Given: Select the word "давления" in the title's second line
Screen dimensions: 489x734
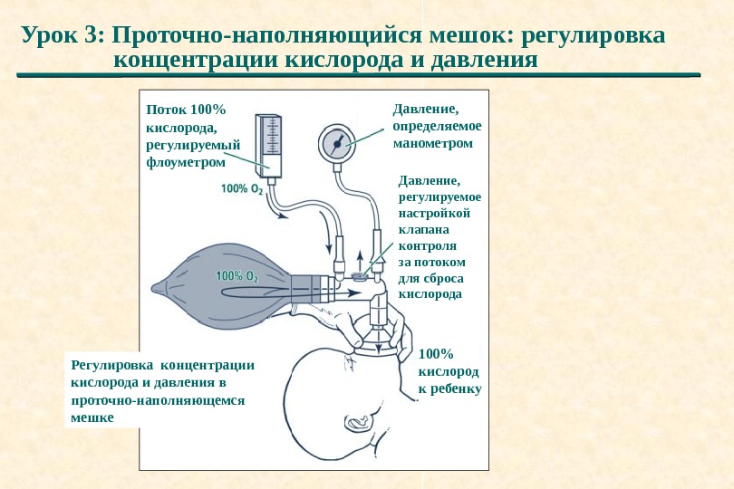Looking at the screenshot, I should point(487,61).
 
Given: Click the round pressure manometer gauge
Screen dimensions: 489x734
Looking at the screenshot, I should point(337,143).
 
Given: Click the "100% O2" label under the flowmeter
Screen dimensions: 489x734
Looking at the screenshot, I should point(242,189).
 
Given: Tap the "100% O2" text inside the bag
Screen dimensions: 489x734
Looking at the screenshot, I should point(237,276).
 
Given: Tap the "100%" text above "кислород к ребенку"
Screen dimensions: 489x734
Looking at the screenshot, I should point(435,354).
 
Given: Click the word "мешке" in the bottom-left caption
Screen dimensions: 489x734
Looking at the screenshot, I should point(92,417).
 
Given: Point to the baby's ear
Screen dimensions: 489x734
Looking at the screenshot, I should point(357,421).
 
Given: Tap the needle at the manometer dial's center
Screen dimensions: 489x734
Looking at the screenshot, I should point(337,143).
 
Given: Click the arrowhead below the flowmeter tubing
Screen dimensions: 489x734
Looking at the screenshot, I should point(285,216).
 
